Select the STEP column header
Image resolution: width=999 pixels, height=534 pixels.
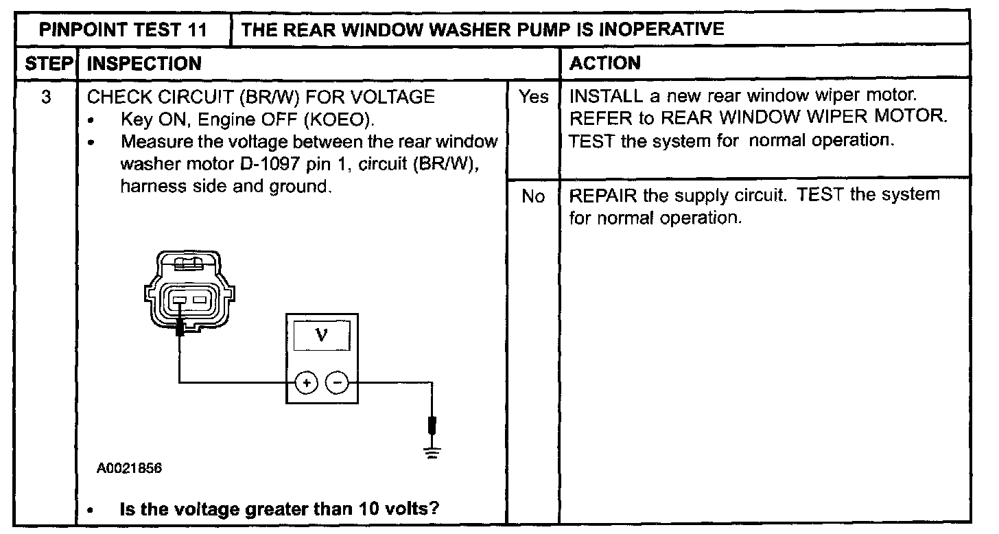click(49, 64)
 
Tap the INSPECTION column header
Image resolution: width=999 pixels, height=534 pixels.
click(145, 64)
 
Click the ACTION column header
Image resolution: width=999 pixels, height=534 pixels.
click(605, 64)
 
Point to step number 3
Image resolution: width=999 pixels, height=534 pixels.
click(46, 97)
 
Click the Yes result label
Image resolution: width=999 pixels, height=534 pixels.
click(533, 97)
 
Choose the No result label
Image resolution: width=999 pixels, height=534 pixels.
click(533, 197)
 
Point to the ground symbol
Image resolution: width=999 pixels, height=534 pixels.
click(432, 451)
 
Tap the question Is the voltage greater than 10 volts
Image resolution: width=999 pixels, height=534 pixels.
click(279, 509)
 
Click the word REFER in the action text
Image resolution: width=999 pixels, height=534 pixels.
click(598, 118)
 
